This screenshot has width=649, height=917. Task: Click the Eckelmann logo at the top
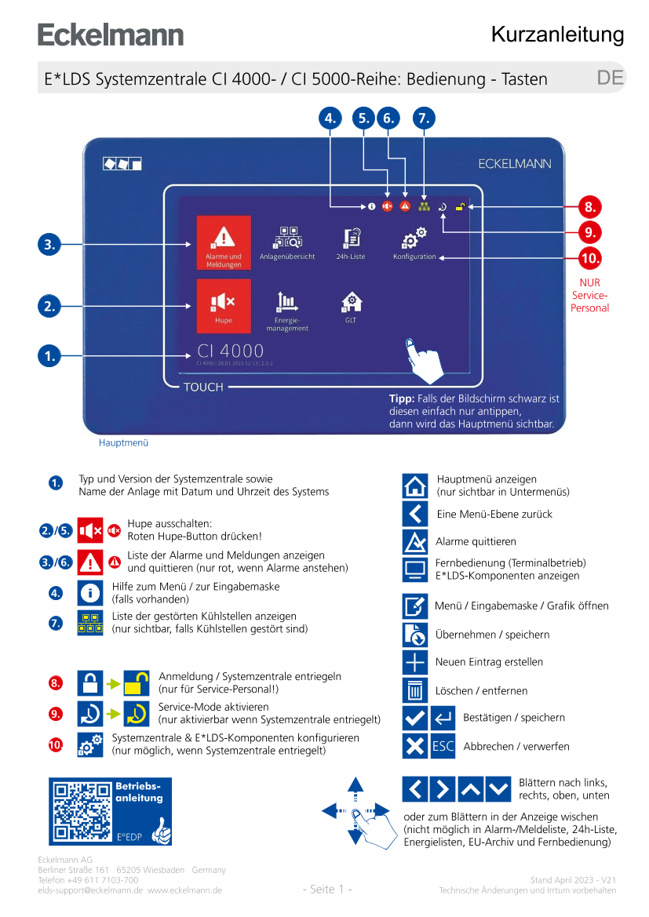coord(111,35)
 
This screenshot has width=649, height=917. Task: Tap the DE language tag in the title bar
coord(610,78)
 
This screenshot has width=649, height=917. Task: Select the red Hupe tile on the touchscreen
coord(224,306)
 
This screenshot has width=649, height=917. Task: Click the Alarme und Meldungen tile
coord(224,242)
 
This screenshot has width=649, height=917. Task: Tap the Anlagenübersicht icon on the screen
coord(287,239)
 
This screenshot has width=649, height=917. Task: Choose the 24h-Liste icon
coord(352,239)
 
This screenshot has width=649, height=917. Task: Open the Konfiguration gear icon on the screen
coord(414,238)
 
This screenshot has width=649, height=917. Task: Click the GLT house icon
coord(351,302)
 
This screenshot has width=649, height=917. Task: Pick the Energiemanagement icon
coord(287,302)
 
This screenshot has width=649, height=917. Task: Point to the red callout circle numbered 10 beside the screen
coord(589,257)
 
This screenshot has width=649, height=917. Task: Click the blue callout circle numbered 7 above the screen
coord(423,118)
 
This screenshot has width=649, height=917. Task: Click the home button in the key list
coord(415,486)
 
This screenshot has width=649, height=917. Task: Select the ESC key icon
coord(443,746)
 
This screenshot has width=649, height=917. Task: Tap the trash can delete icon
coord(415,690)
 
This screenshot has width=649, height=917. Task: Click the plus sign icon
coord(415,662)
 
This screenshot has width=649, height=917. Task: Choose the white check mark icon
coord(415,718)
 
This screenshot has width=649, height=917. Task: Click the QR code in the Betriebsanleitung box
coord(82,811)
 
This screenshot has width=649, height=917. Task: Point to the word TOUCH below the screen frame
coord(203,387)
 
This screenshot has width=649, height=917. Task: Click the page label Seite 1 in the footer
coord(327,889)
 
